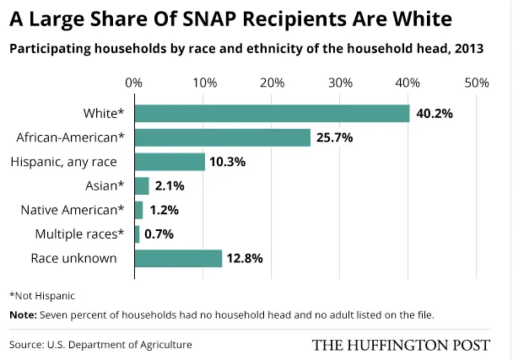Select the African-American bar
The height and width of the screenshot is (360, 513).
pyautogui.click(x=222, y=137)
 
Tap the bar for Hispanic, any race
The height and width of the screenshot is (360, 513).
pyautogui.click(x=170, y=162)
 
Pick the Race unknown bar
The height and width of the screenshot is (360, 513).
pyautogui.click(x=178, y=258)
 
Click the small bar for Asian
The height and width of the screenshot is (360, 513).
pyautogui.click(x=142, y=185)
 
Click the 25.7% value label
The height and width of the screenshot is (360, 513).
pyautogui.click(x=336, y=137)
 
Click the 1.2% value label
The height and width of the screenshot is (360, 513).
pyautogui.click(x=166, y=210)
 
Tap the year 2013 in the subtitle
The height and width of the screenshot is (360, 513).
pyautogui.click(x=468, y=47)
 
